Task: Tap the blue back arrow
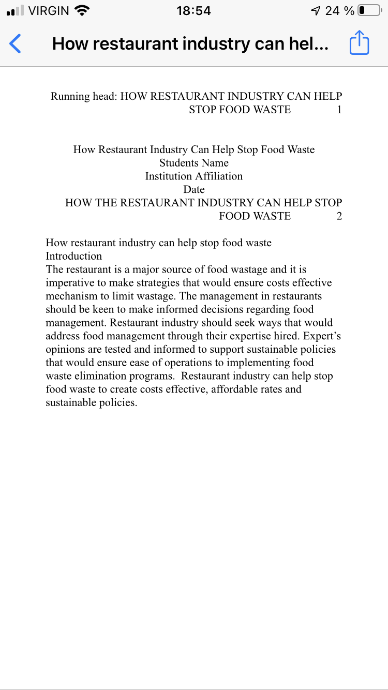(x=16, y=43)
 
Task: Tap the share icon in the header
(x=359, y=43)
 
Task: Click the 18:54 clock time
(x=193, y=11)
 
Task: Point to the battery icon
(x=369, y=11)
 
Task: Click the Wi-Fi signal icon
(x=81, y=10)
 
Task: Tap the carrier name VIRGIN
(x=49, y=11)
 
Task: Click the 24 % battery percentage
(x=339, y=11)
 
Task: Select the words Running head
(x=83, y=96)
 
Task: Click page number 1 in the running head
(x=339, y=110)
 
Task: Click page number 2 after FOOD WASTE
(x=339, y=216)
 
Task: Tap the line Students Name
(x=194, y=163)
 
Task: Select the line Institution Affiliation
(x=194, y=176)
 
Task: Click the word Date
(x=194, y=189)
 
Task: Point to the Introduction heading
(x=74, y=256)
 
